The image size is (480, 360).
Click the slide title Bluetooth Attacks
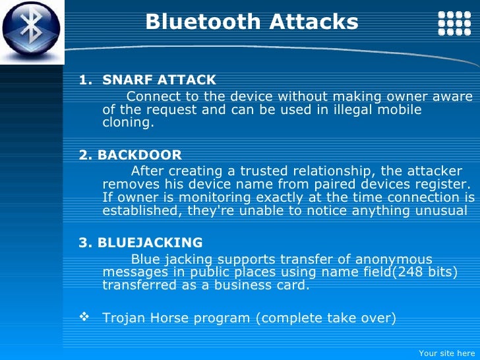click(251, 22)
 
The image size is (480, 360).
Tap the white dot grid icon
click(454, 23)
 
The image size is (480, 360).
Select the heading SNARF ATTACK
click(159, 80)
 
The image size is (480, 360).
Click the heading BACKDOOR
click(139, 156)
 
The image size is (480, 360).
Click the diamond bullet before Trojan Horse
click(84, 318)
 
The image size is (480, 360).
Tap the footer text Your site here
click(446, 353)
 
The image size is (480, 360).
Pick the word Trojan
click(124, 318)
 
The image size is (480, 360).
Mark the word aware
click(454, 98)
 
